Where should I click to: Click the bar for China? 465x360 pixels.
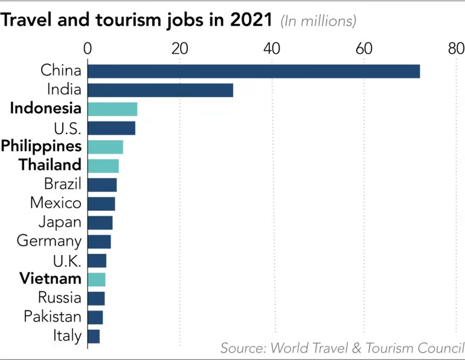click(254, 71)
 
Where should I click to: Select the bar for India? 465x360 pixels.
click(160, 91)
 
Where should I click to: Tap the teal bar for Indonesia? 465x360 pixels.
click(112, 109)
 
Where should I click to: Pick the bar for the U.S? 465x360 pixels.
click(111, 128)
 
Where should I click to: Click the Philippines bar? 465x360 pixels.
click(105, 147)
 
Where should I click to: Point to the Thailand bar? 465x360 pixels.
click(103, 166)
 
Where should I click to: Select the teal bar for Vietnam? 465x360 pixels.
click(97, 279)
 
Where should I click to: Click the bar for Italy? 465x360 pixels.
click(94, 336)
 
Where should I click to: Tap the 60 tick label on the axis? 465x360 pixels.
click(364, 48)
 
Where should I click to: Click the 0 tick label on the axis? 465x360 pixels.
click(88, 48)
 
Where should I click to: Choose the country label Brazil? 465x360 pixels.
click(63, 184)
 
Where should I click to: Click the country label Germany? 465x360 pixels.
click(49, 241)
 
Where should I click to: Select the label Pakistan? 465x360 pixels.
click(53, 317)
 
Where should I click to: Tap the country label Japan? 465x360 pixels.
click(60, 222)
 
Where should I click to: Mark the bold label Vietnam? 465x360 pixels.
click(50, 279)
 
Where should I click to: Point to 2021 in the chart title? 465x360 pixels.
click(251, 20)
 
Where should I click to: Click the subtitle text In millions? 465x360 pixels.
click(318, 21)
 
